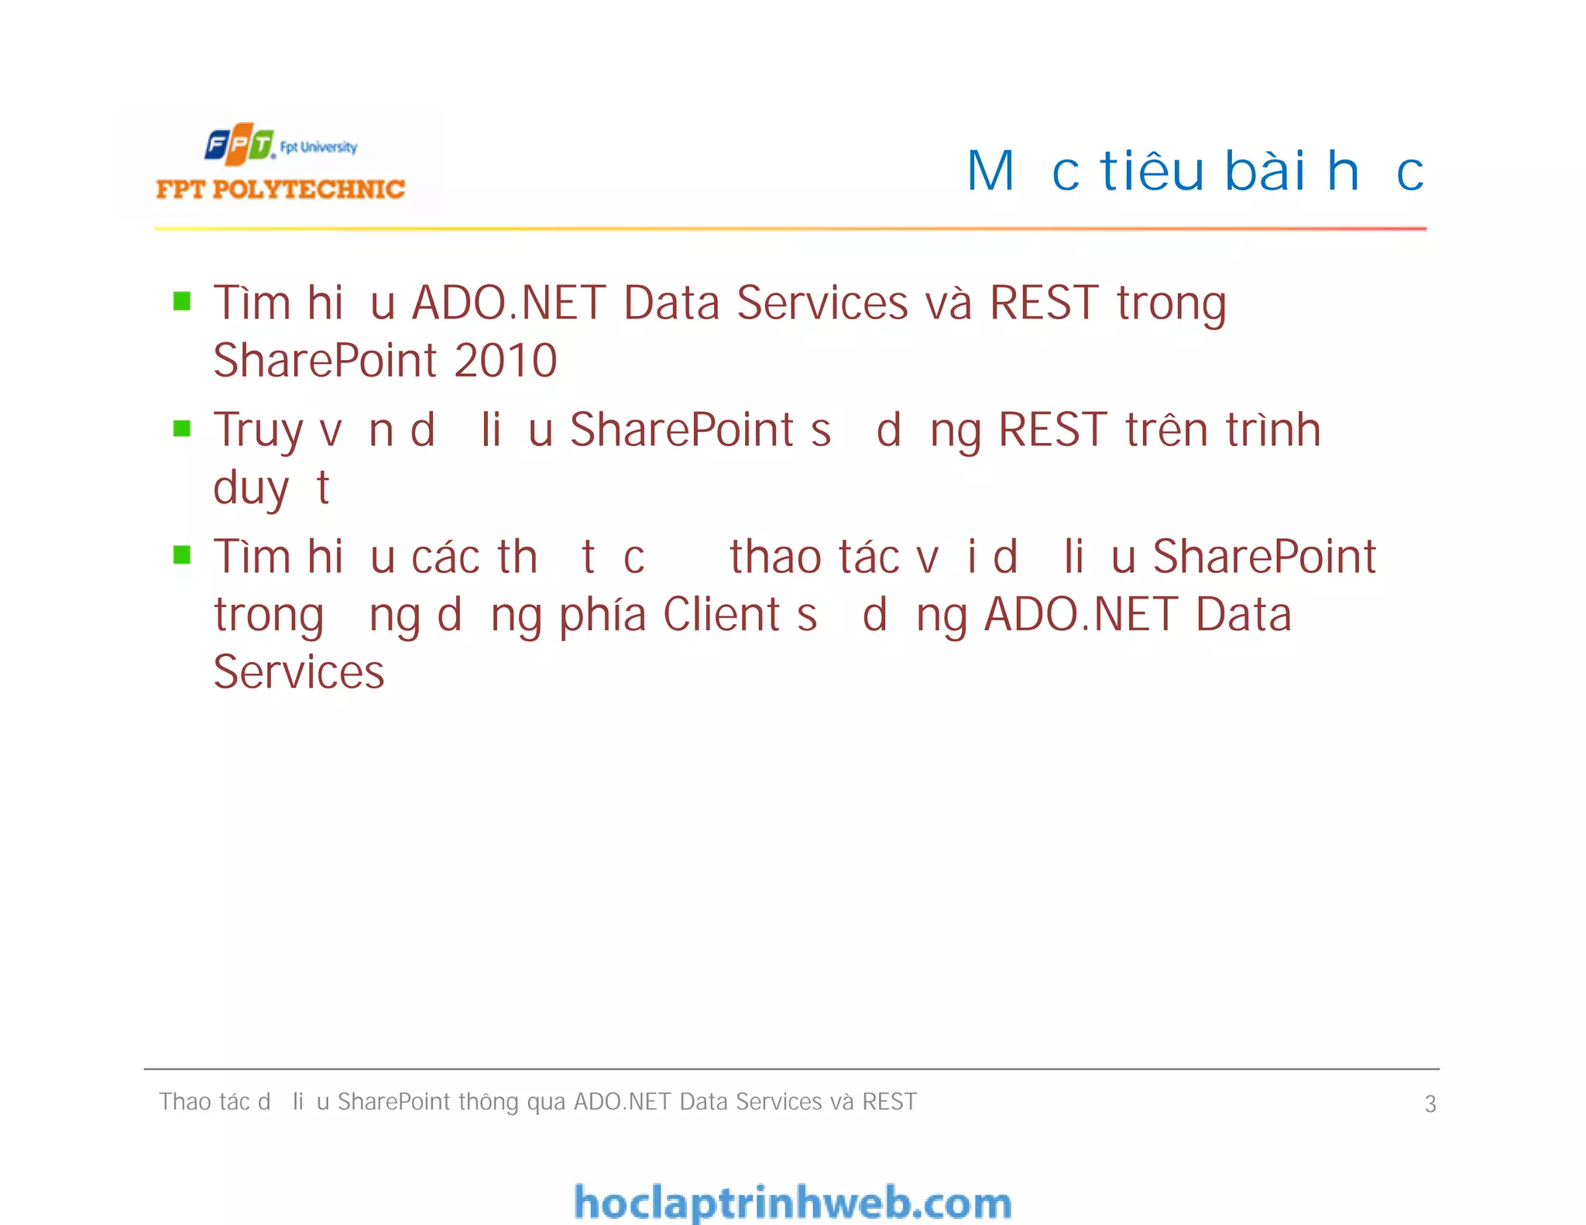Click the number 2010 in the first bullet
click(505, 361)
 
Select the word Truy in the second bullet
click(258, 431)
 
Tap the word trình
click(1272, 430)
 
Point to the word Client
click(721, 615)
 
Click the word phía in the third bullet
click(602, 616)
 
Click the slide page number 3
click(1430, 1103)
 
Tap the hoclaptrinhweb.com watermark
click(792, 1203)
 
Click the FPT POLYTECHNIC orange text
click(280, 190)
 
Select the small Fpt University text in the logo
click(318, 147)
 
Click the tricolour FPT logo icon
click(239, 144)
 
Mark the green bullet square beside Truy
click(182, 428)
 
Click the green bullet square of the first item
click(182, 301)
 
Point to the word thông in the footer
click(488, 1102)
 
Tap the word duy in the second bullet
click(250, 489)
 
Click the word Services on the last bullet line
click(298, 672)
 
